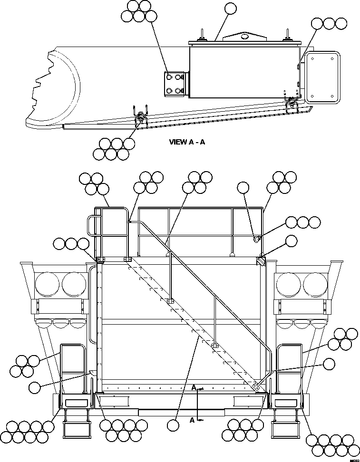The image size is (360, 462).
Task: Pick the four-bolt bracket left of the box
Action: [x=174, y=84]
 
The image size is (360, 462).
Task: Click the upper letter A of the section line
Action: [x=194, y=388]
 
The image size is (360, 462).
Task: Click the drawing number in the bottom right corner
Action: [x=353, y=459]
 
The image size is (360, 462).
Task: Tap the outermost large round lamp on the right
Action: [x=315, y=284]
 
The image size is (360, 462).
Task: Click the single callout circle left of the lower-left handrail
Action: [x=35, y=387]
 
